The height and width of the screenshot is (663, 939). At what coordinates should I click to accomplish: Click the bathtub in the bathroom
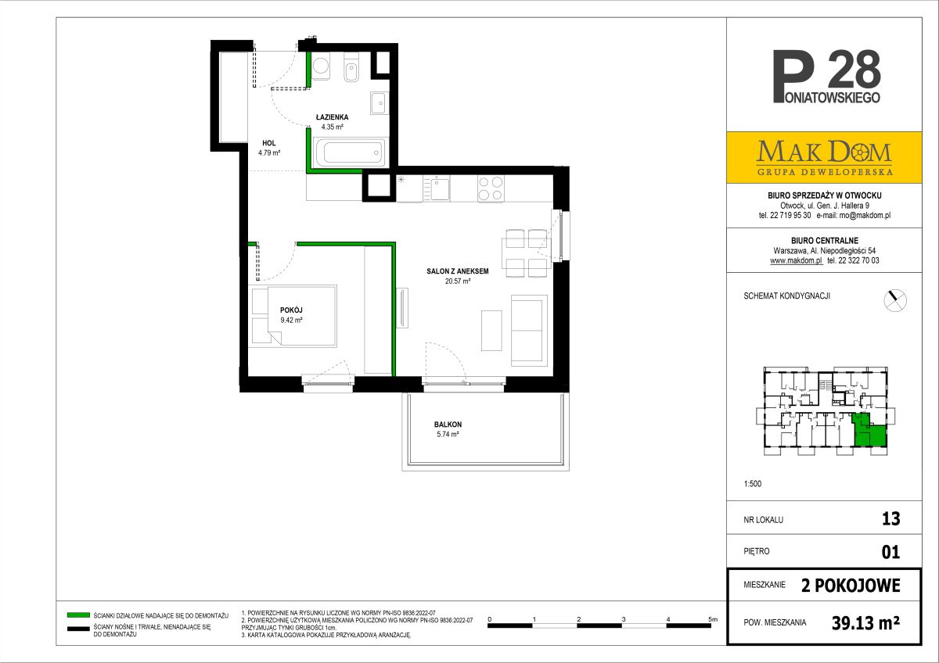349,152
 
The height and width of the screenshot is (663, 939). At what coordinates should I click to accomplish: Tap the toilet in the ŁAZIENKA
351,67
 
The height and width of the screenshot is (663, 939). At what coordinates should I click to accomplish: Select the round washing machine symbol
321,66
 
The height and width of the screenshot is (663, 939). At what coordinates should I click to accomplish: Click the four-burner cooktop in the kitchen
491,188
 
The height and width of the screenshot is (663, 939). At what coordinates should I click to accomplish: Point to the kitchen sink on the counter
437,188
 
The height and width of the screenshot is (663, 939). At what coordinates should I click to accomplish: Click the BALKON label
448,425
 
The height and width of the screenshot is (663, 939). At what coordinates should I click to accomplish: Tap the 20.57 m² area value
458,281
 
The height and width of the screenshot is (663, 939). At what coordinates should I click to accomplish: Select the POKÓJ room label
291,310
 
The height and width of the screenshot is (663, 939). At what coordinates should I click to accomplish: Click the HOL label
268,143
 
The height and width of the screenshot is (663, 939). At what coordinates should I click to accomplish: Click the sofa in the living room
529,331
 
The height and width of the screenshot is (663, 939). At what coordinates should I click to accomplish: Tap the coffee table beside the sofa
491,331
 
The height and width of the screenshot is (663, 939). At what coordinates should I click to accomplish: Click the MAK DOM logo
824,157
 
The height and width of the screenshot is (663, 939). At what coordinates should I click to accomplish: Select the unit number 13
890,519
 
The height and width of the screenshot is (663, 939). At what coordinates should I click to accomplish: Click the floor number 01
890,552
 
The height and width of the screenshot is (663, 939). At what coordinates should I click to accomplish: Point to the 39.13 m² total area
865,623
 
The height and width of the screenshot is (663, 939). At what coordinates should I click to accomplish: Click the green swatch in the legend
78,615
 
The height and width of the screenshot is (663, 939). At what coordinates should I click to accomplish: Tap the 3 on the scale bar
624,619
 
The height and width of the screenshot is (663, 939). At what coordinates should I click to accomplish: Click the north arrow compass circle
895,300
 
